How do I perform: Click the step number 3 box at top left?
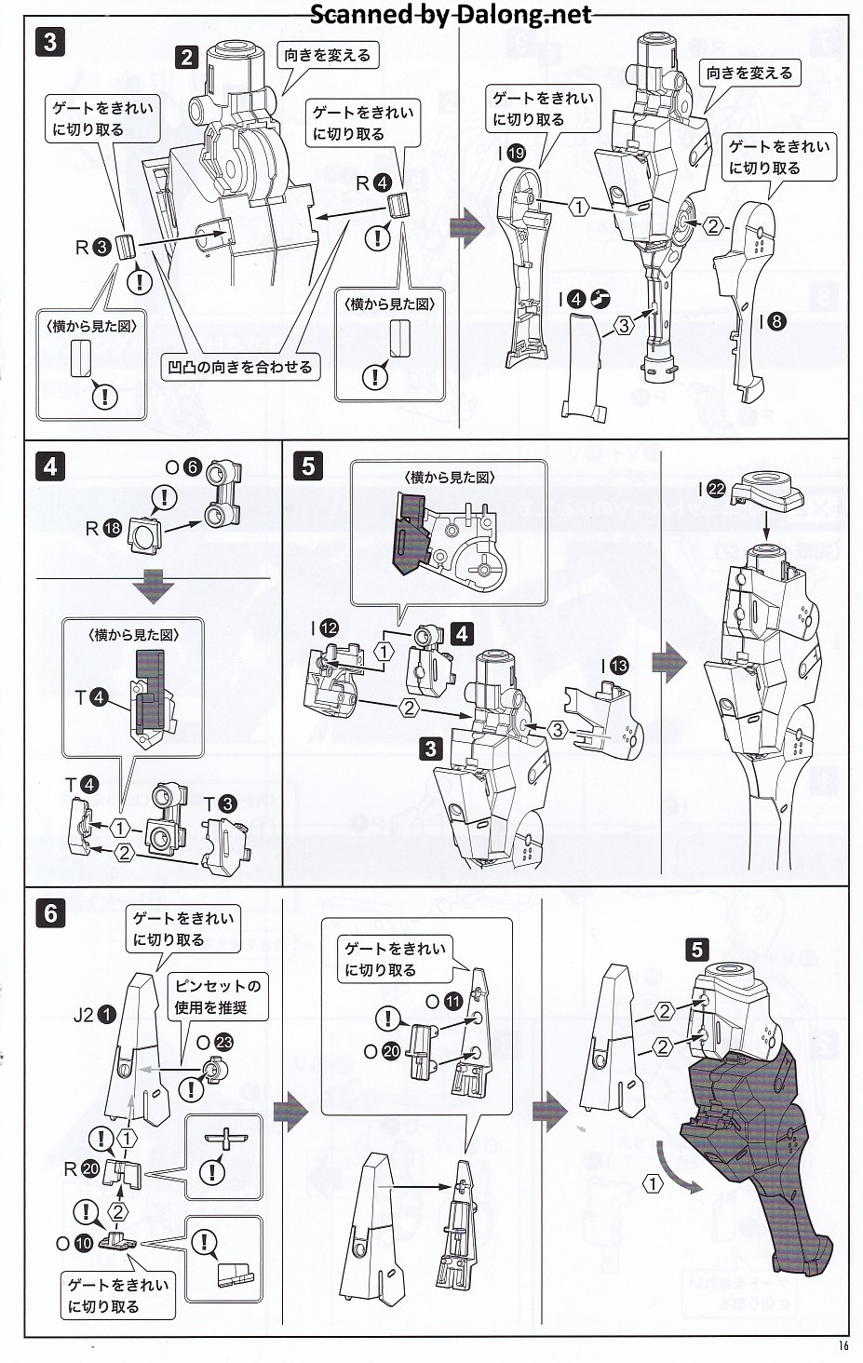[x=50, y=42]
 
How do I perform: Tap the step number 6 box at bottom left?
[x=50, y=913]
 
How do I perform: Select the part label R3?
[x=93, y=248]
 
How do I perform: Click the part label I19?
[x=511, y=154]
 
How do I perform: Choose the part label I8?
[x=772, y=322]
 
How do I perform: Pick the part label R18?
[x=103, y=528]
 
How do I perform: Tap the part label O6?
[x=182, y=467]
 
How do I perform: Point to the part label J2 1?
[x=95, y=1015]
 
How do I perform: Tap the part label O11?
[x=443, y=1002]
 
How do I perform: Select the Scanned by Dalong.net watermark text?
[x=450, y=15]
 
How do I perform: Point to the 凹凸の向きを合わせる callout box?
[x=240, y=367]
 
